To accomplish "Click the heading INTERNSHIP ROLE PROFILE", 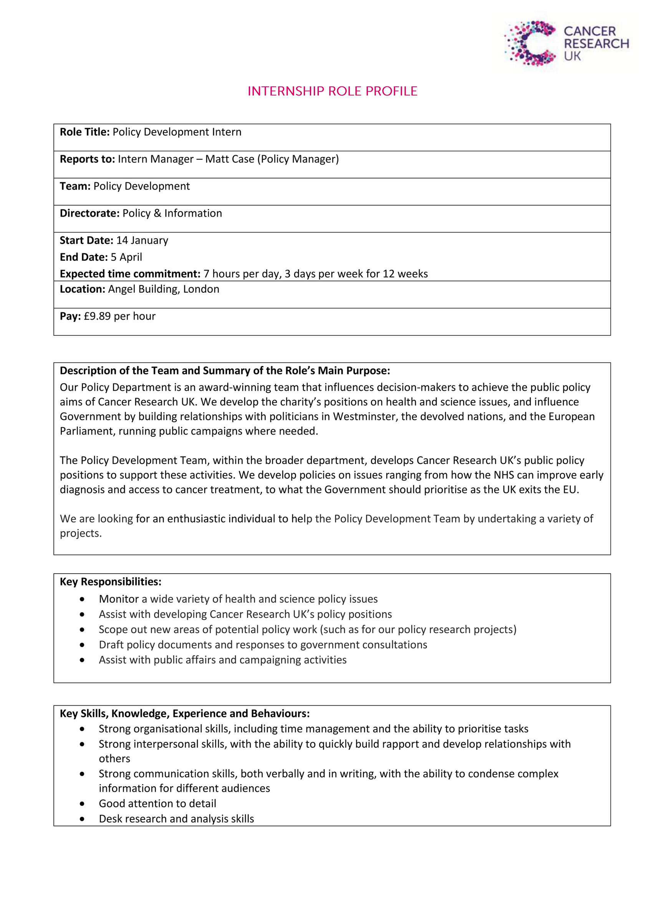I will tap(332, 91).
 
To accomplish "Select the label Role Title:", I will tap(84, 132).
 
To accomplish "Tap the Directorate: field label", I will tap(89, 213).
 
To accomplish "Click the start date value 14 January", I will tap(142, 241).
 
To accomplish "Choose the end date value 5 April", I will tap(126, 257).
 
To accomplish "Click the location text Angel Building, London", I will tap(163, 289).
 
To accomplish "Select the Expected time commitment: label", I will tap(130, 274).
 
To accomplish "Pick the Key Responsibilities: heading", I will tap(111, 582).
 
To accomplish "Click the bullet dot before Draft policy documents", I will tap(82, 645).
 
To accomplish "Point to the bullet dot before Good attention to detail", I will tap(82, 803).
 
